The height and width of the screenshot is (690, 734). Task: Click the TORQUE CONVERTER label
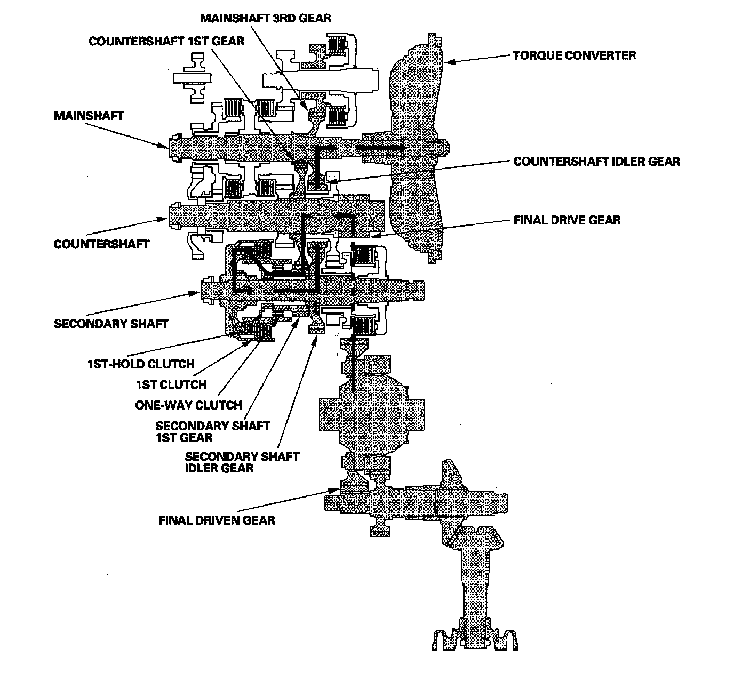point(574,55)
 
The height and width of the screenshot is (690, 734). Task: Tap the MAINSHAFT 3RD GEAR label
point(266,18)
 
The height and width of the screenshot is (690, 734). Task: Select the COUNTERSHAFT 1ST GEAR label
point(166,41)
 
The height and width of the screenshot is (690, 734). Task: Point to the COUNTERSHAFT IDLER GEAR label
point(597,161)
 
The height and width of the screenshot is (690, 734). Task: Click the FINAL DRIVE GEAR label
point(567,220)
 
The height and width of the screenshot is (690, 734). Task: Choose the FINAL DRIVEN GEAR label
point(217,520)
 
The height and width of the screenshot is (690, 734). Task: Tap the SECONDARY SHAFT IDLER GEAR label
point(242,462)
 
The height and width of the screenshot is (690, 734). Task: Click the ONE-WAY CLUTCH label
point(188,405)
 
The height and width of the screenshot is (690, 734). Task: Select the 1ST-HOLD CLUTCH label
point(141,364)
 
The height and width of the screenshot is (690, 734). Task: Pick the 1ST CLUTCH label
point(172,384)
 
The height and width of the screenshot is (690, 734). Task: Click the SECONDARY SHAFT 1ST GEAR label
point(212,431)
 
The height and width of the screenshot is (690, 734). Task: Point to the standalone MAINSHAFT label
point(89,116)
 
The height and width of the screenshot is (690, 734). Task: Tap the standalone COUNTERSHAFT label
point(102,244)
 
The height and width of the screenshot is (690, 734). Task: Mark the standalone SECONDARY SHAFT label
point(111,324)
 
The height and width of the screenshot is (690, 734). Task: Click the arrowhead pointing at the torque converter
point(449,62)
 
